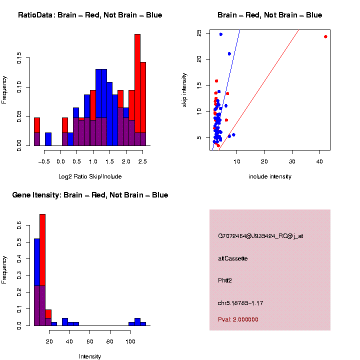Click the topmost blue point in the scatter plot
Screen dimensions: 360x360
click(220, 34)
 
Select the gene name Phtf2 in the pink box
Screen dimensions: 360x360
click(225, 280)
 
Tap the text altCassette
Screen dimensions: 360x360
click(232, 258)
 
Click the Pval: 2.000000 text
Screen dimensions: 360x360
click(238, 319)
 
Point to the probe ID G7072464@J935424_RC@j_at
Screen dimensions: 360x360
click(260, 236)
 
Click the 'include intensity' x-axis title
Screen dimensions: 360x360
click(269, 176)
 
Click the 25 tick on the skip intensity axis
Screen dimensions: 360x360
click(199, 33)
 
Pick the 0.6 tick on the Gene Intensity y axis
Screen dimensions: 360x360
click(19, 226)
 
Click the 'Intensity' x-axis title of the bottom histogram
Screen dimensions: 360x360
click(90, 356)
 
